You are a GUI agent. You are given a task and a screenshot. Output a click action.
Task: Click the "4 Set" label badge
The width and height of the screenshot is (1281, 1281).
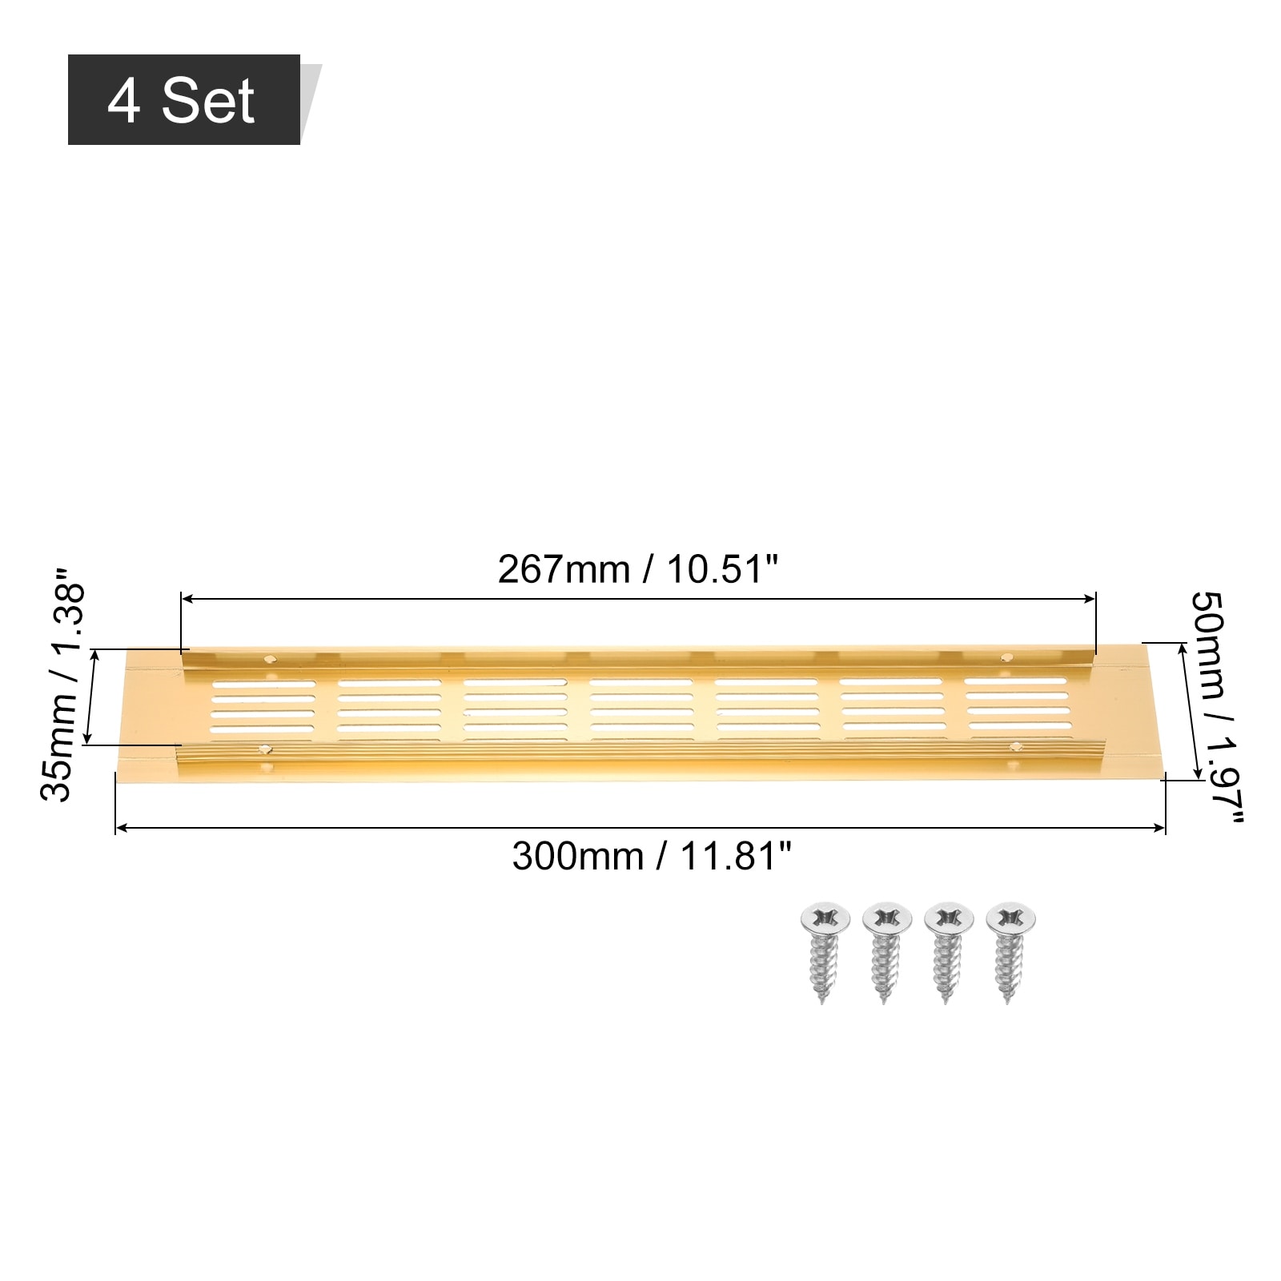pyautogui.click(x=184, y=100)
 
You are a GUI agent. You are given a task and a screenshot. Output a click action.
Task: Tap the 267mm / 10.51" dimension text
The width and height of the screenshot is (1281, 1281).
pyautogui.click(x=638, y=570)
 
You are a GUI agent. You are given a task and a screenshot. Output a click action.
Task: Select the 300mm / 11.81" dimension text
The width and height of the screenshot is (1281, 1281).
pyautogui.click(x=652, y=857)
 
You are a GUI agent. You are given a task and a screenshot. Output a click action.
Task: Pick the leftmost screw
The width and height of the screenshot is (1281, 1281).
pyautogui.click(x=824, y=953)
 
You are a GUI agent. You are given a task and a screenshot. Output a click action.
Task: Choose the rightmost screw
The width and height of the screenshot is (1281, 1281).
pyautogui.click(x=1010, y=953)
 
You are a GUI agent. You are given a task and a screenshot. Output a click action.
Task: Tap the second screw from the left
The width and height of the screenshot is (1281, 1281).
pyautogui.click(x=886, y=953)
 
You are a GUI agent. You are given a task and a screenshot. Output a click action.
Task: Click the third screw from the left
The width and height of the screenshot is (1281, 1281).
pyautogui.click(x=948, y=953)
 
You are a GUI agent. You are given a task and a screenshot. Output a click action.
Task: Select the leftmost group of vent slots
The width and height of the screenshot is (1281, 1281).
pyautogui.click(x=264, y=707)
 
